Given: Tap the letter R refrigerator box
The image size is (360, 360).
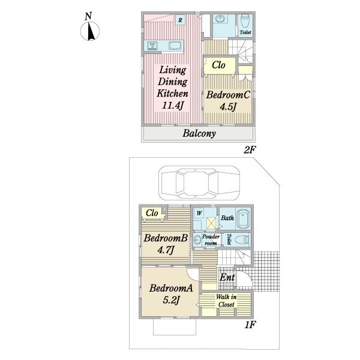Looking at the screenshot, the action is [x=180, y=20].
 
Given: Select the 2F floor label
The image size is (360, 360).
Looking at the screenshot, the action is [x=250, y=150].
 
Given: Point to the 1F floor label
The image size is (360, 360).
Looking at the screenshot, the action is [x=250, y=325].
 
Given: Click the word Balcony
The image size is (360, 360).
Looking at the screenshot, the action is [x=199, y=133].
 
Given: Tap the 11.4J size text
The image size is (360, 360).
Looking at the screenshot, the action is [x=173, y=105].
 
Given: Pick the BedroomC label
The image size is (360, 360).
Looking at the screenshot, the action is [x=228, y=95].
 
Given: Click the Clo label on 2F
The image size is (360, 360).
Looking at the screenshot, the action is [x=218, y=65].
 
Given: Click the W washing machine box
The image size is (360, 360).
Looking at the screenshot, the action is [x=199, y=213].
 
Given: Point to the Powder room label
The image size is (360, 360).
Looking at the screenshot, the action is [x=211, y=240].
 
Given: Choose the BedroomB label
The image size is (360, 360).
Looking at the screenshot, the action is [x=166, y=238].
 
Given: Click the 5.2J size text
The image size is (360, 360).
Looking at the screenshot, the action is [x=171, y=299].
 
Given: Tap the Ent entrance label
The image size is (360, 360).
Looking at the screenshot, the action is [x=227, y=277].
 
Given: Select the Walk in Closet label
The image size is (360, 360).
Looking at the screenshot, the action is [x=226, y=301].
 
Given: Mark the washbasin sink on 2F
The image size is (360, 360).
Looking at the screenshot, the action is [x=220, y=19].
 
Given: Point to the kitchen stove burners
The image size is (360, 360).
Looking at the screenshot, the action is [x=152, y=46].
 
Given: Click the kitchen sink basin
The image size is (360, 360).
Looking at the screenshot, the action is [x=175, y=46].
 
